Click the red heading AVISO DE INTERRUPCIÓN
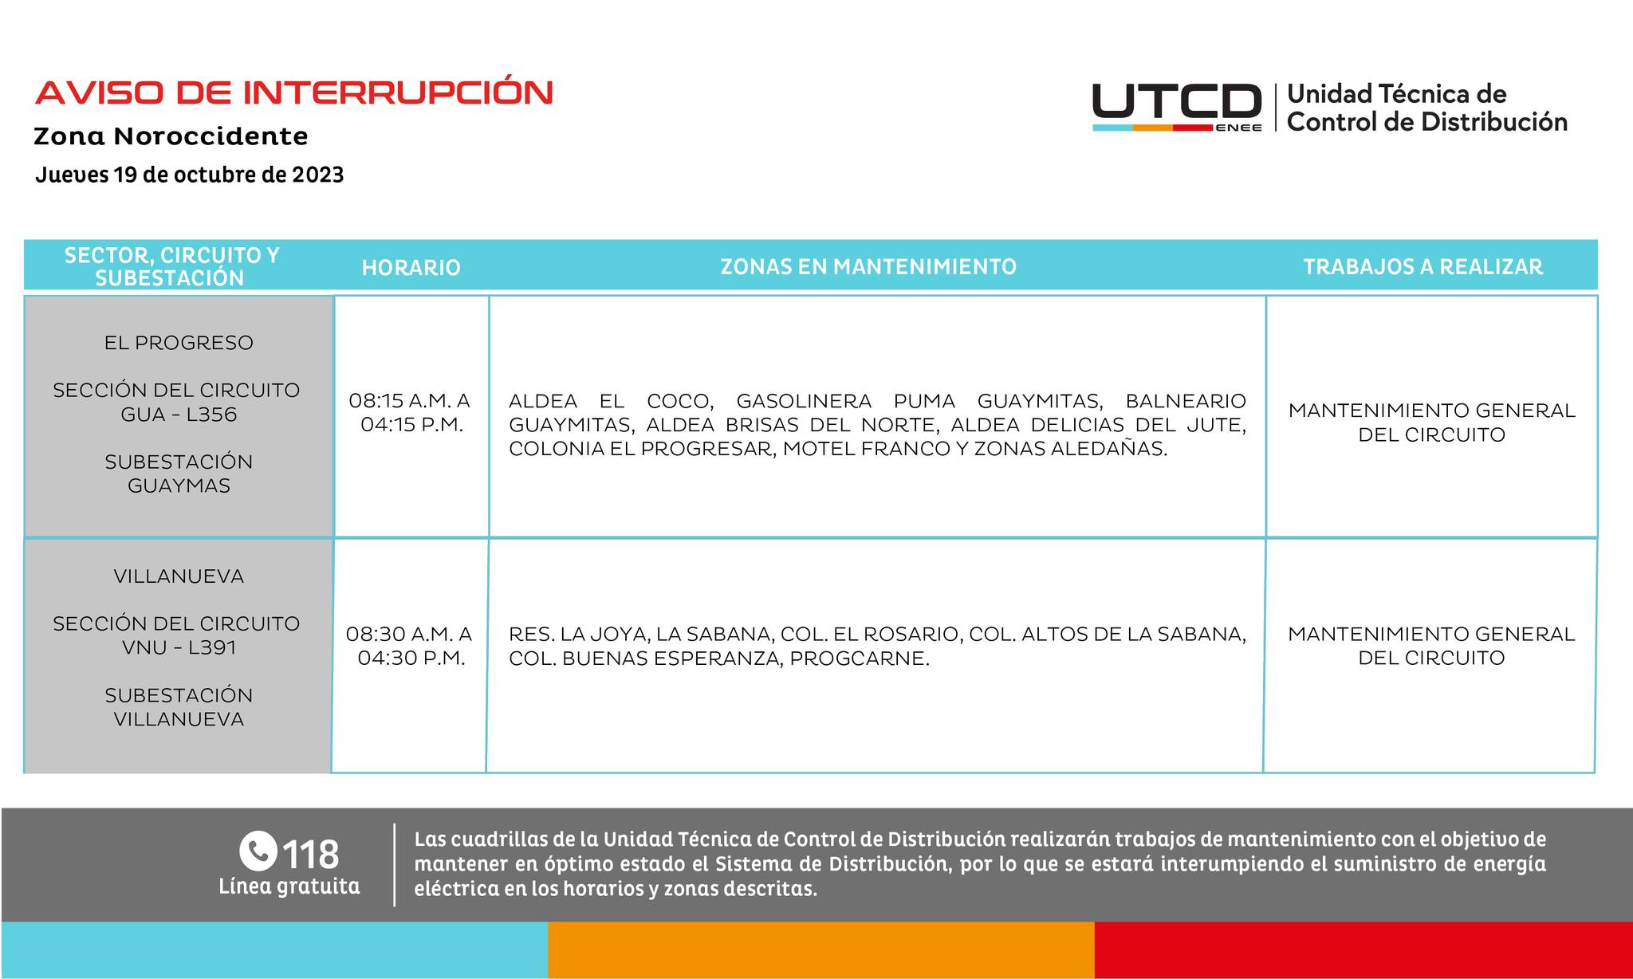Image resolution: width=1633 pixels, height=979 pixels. coord(293,93)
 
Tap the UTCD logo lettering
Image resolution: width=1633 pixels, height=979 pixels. coord(1176,102)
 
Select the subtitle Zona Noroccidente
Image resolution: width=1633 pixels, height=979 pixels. coord(171,136)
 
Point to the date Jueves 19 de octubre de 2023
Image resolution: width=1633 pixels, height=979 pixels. coord(190,175)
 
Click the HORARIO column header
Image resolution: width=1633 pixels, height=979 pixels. coord(411,267)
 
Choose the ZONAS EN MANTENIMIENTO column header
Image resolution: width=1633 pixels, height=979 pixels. coord(868,266)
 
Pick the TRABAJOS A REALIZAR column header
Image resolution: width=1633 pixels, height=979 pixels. coord(1422,266)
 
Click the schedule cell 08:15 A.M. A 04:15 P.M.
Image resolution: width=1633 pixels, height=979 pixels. coord(410,412)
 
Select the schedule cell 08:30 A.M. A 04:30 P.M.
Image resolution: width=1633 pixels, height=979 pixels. coord(410,646)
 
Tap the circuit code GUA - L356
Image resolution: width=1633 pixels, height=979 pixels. coord(179,415)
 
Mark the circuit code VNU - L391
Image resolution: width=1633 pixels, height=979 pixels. coord(179,647)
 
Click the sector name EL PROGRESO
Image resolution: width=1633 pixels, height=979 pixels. coord(179,343)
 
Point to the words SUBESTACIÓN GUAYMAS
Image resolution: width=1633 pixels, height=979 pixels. coord(179,474)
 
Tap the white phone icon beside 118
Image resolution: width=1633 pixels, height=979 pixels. coord(258,851)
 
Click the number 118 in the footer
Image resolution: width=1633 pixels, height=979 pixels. coord(311,854)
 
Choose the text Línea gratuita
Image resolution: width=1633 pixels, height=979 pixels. coord(289,887)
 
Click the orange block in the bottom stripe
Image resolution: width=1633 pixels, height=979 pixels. coord(820,950)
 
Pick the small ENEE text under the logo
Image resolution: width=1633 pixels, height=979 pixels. coord(1238,128)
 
